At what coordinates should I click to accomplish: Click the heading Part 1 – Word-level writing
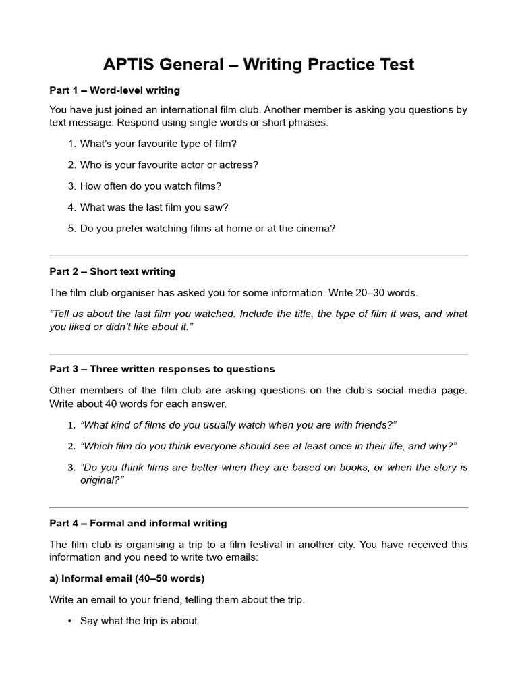tap(115, 90)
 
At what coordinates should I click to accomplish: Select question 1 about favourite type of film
tap(158, 144)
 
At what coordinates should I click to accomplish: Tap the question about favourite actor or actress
tap(169, 165)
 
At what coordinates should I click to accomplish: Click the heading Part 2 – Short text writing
tap(112, 271)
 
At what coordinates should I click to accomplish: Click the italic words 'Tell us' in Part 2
tap(69, 314)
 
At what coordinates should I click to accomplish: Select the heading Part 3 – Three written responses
tap(162, 369)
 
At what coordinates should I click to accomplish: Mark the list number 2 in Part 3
tap(70, 446)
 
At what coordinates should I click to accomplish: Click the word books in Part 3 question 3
tap(320, 468)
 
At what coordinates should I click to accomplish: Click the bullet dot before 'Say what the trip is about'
tap(69, 621)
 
